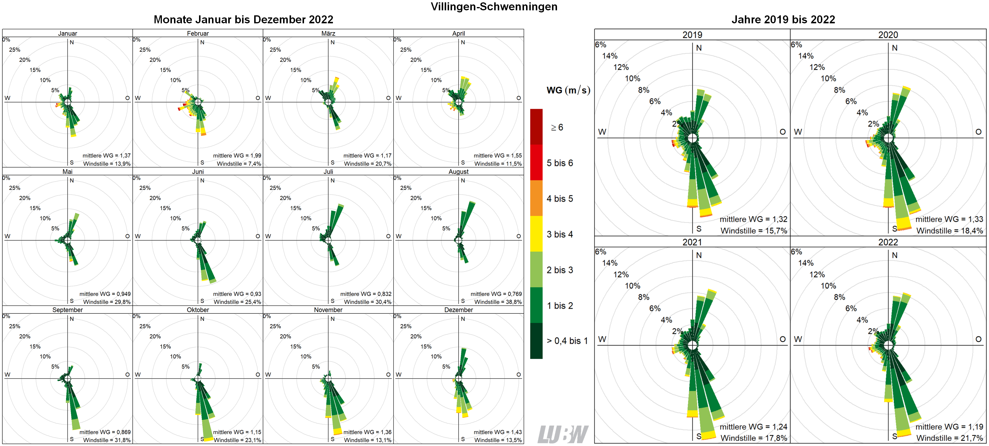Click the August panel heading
(459, 172)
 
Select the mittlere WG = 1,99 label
(237, 156)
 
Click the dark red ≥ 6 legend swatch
(536, 127)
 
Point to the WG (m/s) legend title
(568, 90)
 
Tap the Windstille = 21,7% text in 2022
(949, 438)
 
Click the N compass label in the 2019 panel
(699, 48)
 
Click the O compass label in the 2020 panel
(978, 132)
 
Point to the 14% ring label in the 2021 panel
(610, 263)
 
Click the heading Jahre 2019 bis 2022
(783, 19)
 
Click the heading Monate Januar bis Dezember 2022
(243, 19)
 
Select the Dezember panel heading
(459, 310)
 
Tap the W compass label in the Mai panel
(7, 236)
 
